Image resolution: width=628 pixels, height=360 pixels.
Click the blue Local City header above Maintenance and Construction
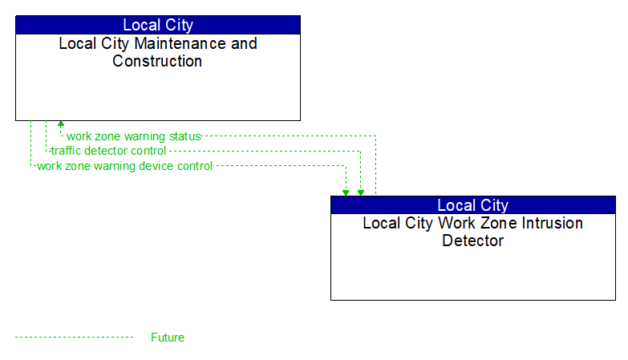point(158,25)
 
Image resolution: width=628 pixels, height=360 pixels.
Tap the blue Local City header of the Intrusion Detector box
point(472,205)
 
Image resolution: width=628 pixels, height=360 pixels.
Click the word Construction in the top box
point(157,61)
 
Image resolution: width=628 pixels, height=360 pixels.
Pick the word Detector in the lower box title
point(472,241)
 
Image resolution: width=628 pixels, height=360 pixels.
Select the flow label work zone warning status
point(133,136)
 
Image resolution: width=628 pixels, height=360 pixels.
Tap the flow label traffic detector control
point(108,151)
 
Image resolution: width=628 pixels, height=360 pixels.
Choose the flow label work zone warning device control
point(124,166)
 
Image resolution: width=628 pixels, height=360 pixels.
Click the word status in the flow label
point(184,136)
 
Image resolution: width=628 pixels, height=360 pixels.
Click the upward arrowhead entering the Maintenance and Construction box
point(60,125)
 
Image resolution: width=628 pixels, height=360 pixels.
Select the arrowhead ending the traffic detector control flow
point(361,192)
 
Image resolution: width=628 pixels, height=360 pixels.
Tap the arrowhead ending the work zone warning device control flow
point(346,192)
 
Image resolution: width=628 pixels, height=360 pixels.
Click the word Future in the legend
point(167,338)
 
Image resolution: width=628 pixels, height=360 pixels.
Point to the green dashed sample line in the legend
point(74,338)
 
